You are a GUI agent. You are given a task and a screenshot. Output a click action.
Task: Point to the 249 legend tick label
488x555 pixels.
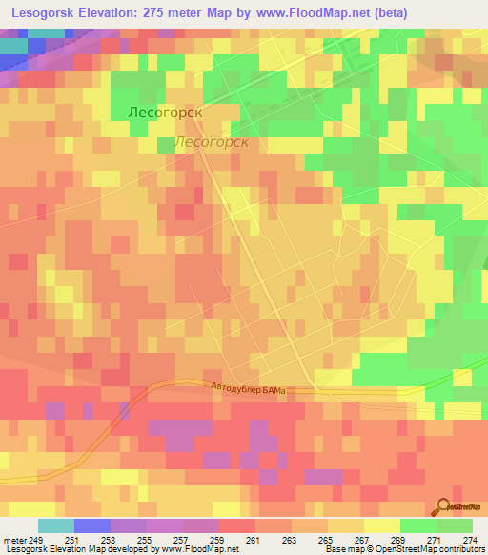[38, 540]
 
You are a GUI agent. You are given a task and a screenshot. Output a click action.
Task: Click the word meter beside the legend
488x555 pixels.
[15, 540]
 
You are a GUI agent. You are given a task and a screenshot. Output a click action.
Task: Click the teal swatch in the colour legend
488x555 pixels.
[56, 525]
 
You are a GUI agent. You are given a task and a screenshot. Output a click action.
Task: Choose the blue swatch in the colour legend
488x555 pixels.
[92, 525]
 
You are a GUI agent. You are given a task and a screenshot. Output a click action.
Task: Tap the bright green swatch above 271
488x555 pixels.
[418, 525]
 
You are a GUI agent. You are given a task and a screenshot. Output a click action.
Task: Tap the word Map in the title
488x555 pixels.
[248, 12]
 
